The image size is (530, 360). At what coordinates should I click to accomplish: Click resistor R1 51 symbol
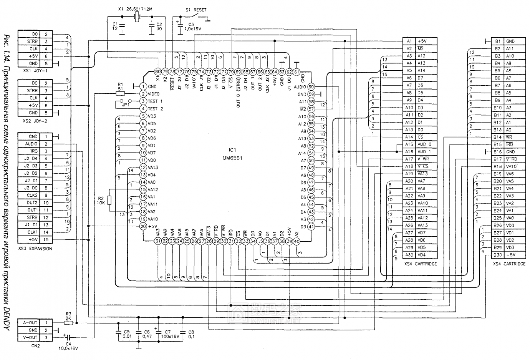[x=120, y=93]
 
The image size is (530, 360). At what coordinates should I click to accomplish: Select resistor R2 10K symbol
[x=109, y=200]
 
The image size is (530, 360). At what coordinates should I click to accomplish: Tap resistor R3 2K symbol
[x=69, y=323]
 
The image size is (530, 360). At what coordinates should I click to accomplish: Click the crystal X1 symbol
[x=136, y=17]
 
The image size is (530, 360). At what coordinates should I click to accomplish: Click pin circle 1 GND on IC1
[x=143, y=86]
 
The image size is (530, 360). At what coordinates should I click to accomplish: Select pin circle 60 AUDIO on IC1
[x=311, y=87]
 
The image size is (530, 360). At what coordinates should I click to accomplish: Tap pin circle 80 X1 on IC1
[x=157, y=72]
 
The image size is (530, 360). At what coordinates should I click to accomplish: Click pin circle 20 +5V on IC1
[x=143, y=227]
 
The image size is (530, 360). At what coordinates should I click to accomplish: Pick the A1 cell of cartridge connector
[x=409, y=41]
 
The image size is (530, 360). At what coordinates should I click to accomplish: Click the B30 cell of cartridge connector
[x=498, y=255]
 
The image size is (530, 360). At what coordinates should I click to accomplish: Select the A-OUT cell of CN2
[x=30, y=323]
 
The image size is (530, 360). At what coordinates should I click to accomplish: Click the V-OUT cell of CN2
[x=30, y=338]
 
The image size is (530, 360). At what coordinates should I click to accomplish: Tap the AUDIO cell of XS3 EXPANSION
[x=31, y=144]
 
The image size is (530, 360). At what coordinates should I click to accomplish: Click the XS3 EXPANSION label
[x=35, y=249]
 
